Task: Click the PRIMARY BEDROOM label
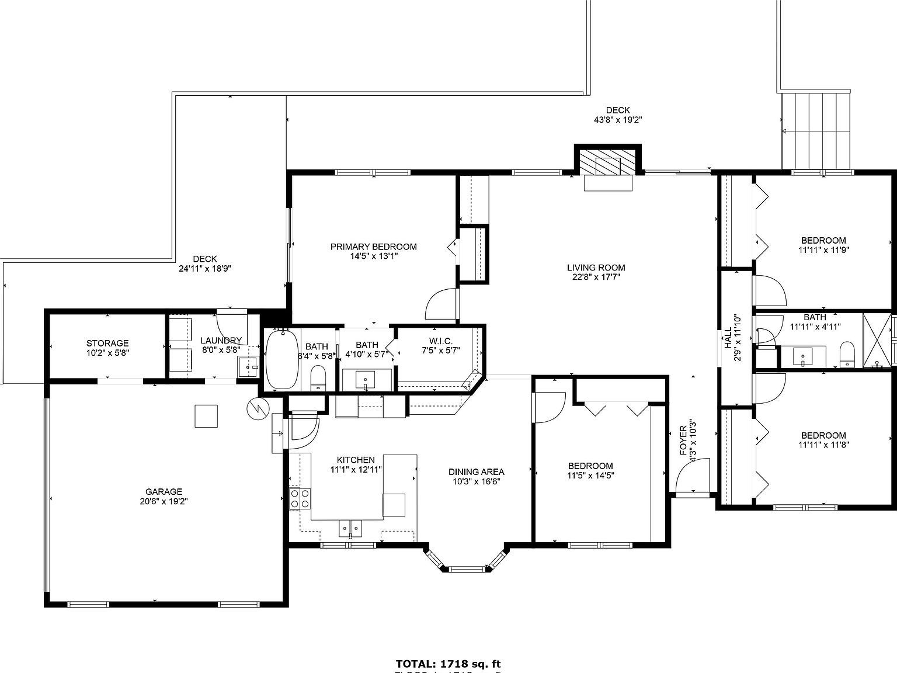pos(373,247)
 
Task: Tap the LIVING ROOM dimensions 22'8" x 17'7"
pos(596,277)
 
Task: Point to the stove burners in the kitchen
pos(300,498)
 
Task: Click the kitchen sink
pos(350,528)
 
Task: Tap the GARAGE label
pos(164,492)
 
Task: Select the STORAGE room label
pos(107,344)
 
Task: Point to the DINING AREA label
pos(476,472)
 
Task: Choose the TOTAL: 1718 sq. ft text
pos(448,664)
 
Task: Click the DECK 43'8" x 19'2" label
pos(618,110)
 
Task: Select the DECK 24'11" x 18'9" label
pos(205,259)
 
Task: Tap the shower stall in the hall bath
pos(877,341)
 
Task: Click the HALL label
pos(728,338)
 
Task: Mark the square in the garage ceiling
pos(206,416)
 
